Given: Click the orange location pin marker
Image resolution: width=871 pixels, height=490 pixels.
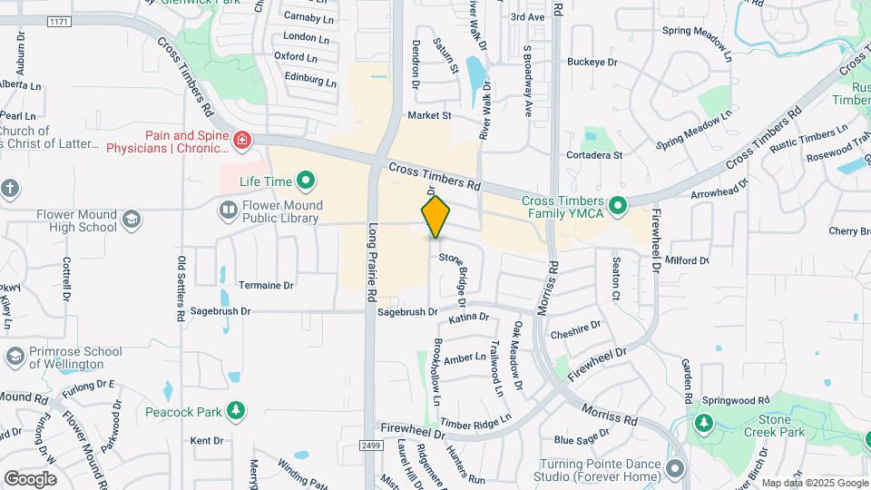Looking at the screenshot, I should (436, 217).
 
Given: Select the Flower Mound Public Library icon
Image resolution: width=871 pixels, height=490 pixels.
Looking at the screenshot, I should (228, 211).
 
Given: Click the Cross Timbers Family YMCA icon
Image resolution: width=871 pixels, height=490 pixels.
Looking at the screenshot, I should (618, 207).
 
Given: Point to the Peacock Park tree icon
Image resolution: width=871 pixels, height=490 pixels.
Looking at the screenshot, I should (236, 412).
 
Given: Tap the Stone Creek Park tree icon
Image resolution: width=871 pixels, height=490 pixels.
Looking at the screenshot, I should (703, 424).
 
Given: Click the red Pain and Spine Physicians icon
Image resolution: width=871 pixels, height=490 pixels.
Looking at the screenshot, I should (241, 140).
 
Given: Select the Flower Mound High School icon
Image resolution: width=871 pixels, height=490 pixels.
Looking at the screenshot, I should (132, 219).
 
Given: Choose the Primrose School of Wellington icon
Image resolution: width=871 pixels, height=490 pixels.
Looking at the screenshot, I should (15, 357).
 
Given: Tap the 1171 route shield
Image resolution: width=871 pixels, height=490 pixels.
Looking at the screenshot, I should (58, 21).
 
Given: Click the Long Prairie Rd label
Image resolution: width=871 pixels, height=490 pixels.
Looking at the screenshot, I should (371, 262).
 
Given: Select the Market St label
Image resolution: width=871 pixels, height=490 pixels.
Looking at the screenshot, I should (429, 115).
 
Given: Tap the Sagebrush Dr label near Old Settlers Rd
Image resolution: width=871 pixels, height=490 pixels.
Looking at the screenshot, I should (219, 310).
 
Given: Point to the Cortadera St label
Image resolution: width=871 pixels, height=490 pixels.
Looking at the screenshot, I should (593, 154).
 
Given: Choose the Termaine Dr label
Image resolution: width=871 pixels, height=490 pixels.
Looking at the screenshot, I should (266, 285).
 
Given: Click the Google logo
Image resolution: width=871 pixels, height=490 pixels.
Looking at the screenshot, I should (30, 478).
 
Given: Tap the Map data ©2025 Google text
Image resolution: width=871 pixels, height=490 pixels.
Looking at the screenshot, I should (814, 483).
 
